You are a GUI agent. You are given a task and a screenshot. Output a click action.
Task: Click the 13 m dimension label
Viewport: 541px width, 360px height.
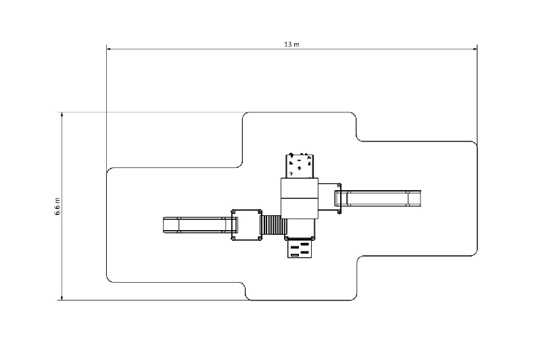click(x=291, y=45)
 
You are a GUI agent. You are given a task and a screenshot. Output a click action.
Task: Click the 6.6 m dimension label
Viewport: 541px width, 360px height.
click(x=57, y=206)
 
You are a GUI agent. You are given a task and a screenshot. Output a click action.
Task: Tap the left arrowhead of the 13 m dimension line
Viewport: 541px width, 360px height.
click(x=108, y=49)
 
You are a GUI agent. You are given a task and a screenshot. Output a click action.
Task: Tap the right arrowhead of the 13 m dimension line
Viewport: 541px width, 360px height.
click(x=475, y=49)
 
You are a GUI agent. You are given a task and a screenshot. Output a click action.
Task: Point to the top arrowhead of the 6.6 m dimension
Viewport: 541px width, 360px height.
click(x=62, y=114)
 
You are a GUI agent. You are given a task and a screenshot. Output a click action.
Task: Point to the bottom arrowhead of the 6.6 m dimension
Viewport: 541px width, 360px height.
click(x=62, y=298)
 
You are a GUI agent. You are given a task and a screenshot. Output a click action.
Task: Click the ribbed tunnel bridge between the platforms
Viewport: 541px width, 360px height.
click(x=274, y=225)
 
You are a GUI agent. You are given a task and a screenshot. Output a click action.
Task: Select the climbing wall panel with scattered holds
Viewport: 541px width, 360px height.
click(x=300, y=166)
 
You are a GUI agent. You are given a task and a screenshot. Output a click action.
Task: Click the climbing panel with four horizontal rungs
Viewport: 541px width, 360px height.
click(x=300, y=248)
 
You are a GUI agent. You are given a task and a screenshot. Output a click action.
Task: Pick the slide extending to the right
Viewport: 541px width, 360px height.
click(x=378, y=198)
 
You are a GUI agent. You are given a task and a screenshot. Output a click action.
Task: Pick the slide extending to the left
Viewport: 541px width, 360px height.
click(x=200, y=225)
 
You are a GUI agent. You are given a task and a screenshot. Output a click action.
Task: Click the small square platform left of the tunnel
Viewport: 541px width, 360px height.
click(x=247, y=225)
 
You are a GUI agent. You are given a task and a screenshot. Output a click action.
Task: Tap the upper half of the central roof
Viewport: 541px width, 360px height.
click(x=299, y=188)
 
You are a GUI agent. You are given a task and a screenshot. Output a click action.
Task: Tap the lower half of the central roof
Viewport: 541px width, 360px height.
click(x=299, y=208)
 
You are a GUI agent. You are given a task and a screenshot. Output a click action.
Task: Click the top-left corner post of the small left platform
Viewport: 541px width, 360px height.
click(x=233, y=211)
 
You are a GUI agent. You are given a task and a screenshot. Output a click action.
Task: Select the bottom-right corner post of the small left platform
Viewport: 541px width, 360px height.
click(x=260, y=238)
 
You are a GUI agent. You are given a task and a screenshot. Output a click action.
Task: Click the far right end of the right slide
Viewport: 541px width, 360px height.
click(x=420, y=198)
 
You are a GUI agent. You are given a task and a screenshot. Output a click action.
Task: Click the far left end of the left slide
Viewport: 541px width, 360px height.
click(x=164, y=225)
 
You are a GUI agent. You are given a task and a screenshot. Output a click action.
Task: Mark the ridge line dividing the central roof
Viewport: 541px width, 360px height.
click(x=299, y=198)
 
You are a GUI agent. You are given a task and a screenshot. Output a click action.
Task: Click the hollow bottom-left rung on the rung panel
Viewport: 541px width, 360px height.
click(x=295, y=255)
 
